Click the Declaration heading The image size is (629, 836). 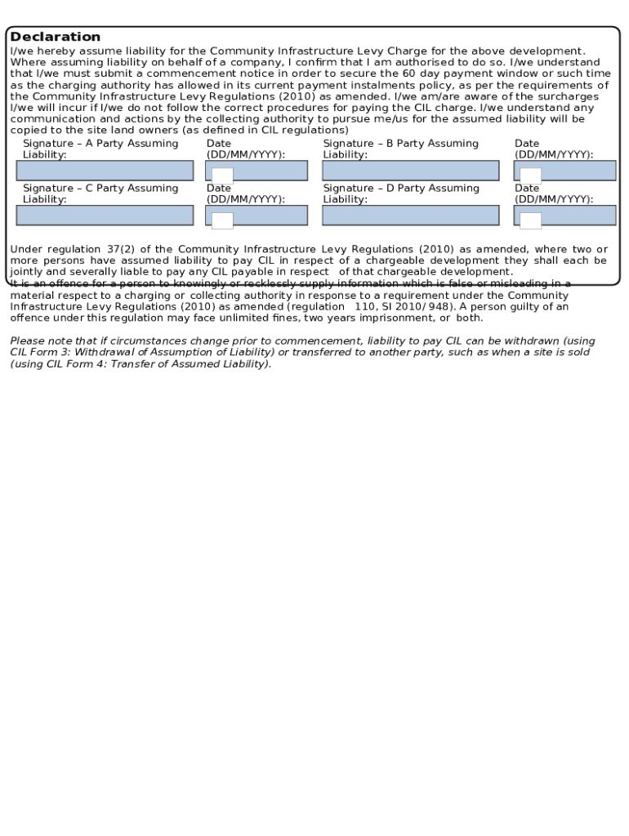tap(56, 37)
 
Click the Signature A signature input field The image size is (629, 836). tap(105, 171)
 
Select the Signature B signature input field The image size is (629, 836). tap(410, 171)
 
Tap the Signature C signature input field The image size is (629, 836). tap(105, 216)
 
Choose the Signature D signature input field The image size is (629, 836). tap(410, 216)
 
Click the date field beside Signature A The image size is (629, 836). tap(257, 171)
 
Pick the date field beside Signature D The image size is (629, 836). tap(564, 216)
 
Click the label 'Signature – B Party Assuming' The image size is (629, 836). tap(400, 144)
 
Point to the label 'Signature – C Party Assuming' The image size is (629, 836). tap(100, 189)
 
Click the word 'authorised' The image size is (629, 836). tap(422, 62)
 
